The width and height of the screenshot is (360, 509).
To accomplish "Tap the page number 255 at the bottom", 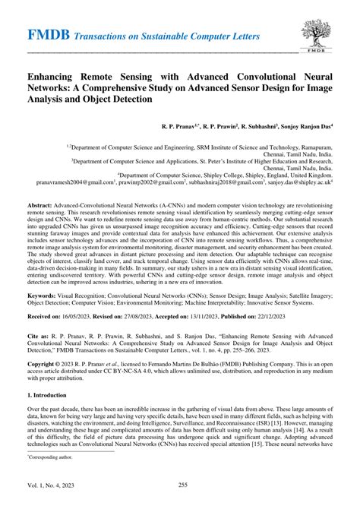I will pyautogui.click(x=181, y=496).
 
